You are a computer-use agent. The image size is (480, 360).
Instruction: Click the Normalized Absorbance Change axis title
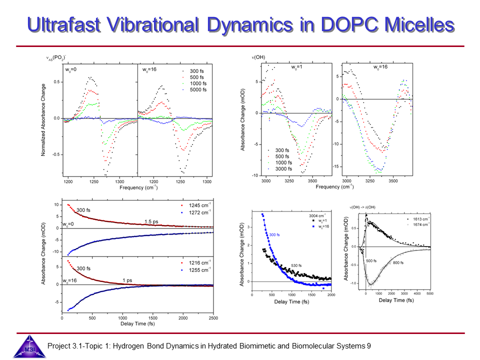(43, 120)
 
